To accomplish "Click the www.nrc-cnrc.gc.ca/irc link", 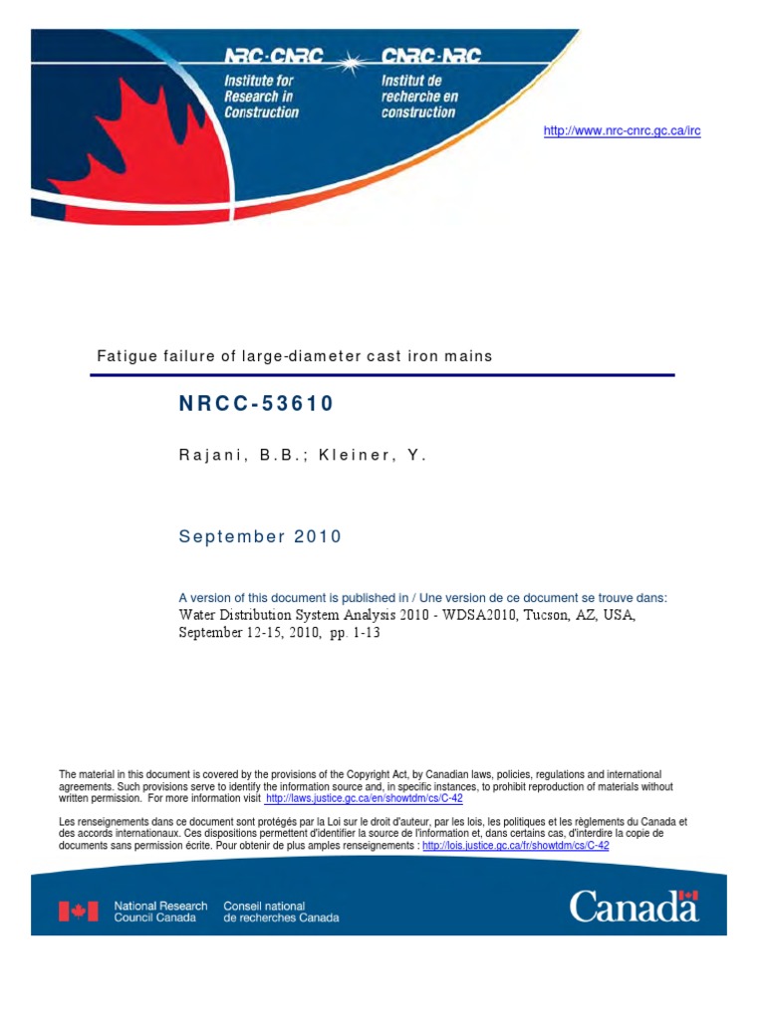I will [x=622, y=131].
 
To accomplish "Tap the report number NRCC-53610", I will [x=256, y=403].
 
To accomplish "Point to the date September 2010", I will [x=260, y=536].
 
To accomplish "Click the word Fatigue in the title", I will [x=127, y=355].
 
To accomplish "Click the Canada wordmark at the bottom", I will [x=634, y=907].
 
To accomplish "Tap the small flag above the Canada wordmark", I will [x=688, y=896].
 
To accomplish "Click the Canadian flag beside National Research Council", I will [x=79, y=911].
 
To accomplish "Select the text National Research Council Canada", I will [x=160, y=912].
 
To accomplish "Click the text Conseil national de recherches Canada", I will [x=281, y=912].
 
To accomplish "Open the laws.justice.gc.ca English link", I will [x=364, y=798].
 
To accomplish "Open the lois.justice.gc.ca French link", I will [x=515, y=845].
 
